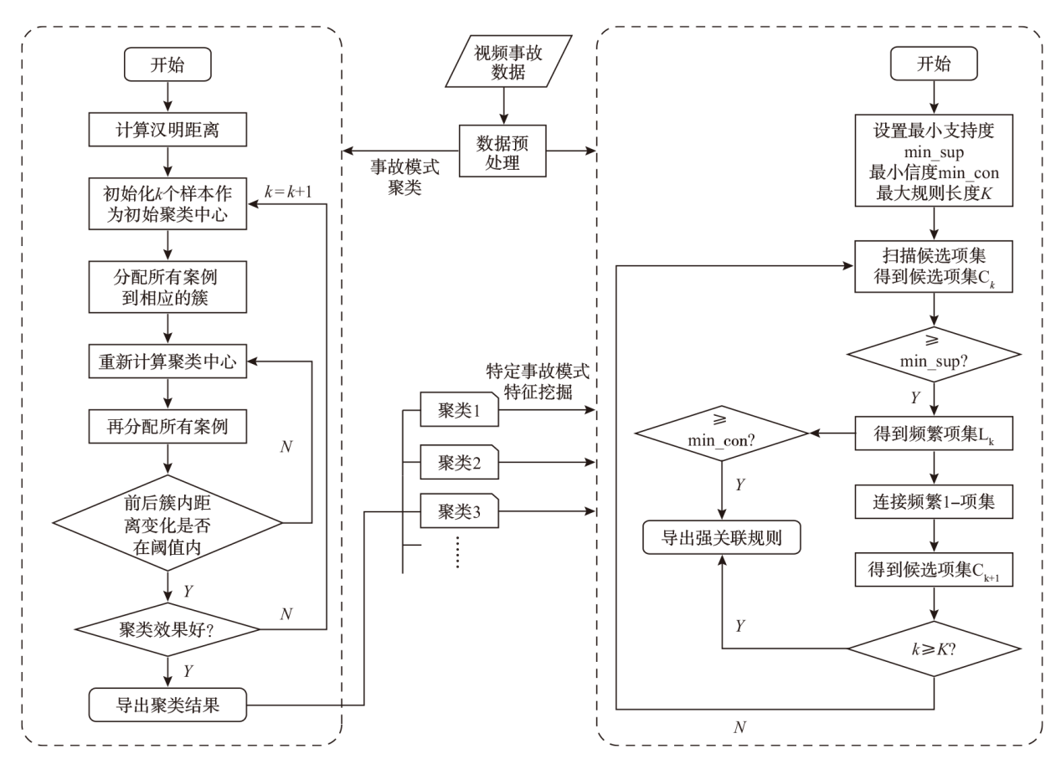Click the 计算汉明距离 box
point(169,131)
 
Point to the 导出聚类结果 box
point(169,705)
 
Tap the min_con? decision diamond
point(721,432)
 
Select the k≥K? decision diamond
point(934,649)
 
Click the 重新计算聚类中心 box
point(169,362)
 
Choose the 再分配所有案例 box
point(169,429)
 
